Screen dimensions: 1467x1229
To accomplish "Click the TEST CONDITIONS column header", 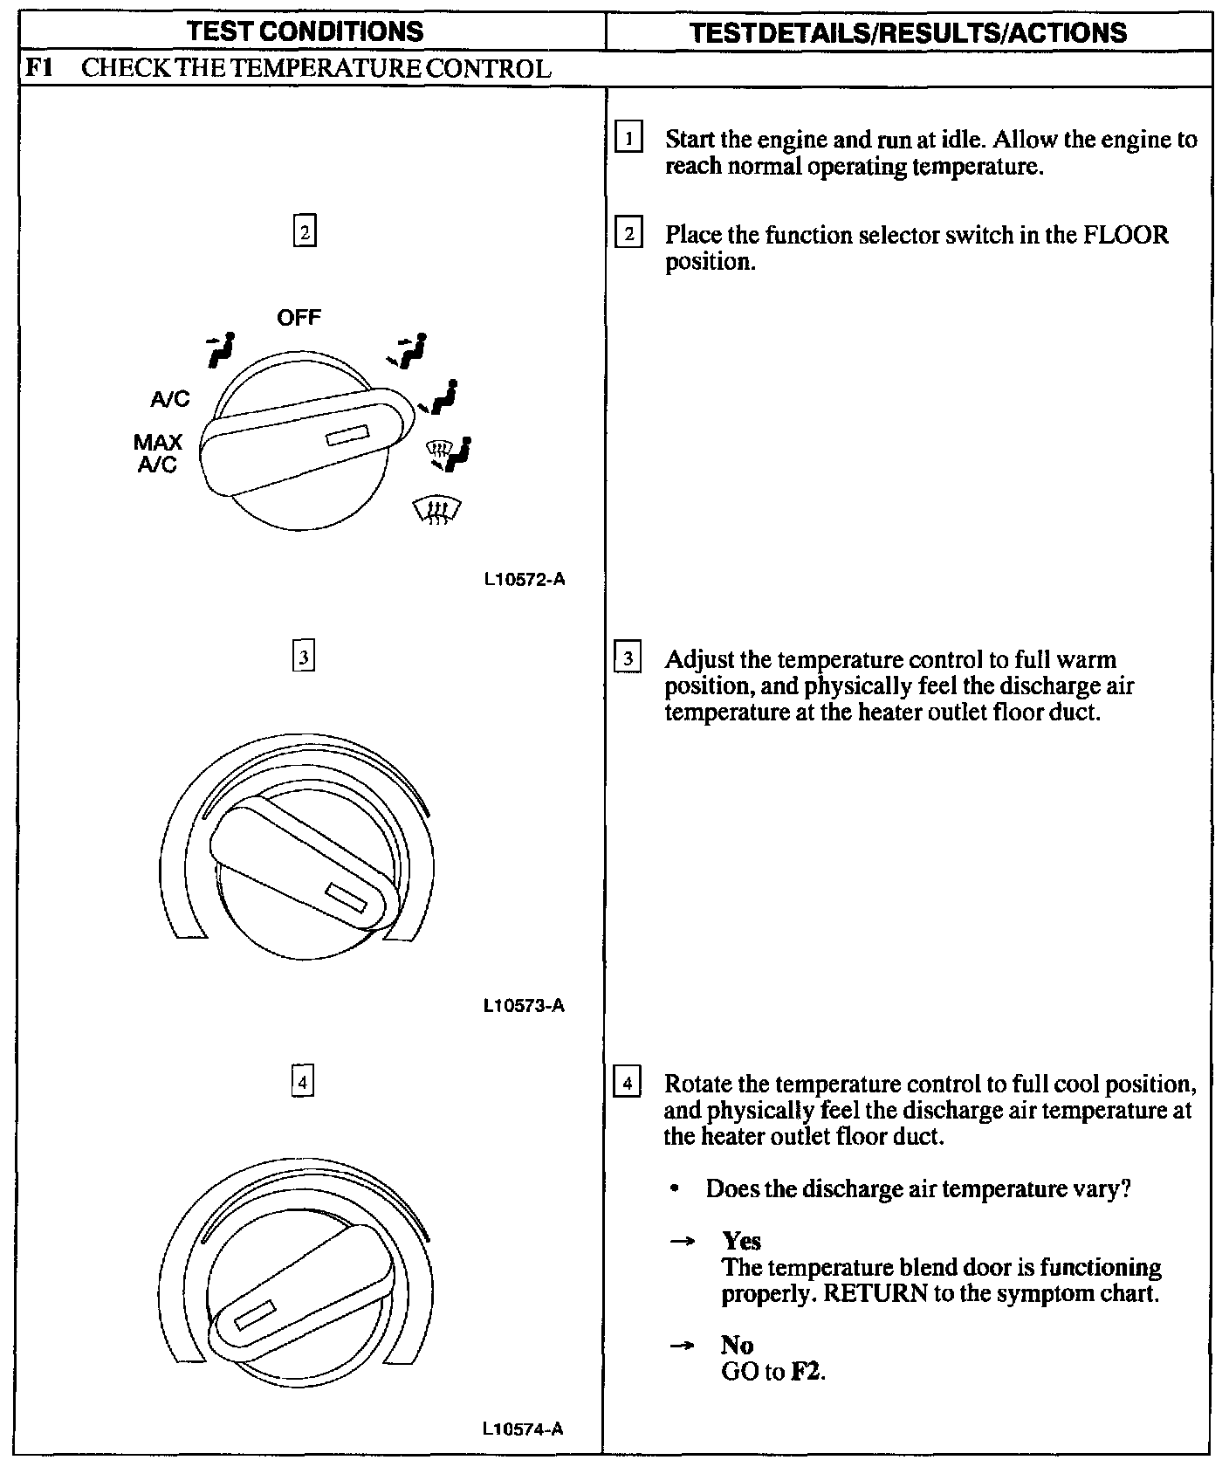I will click(x=306, y=31).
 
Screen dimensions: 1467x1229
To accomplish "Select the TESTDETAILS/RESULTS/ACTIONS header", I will click(x=908, y=32).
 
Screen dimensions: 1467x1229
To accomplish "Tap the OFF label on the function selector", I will click(x=299, y=318).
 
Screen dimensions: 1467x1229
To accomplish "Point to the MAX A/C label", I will click(x=158, y=453).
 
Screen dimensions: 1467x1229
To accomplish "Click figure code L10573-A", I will click(x=524, y=1006).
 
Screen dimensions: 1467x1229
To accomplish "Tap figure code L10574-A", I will click(x=524, y=1429).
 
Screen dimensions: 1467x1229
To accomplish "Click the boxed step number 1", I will click(x=628, y=140).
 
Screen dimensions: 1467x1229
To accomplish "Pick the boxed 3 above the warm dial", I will click(x=302, y=657).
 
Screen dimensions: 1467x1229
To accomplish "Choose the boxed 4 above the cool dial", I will click(x=302, y=1083).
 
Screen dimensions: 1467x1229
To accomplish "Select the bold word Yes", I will click(x=741, y=1241).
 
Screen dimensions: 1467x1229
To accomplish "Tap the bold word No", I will click(x=738, y=1345).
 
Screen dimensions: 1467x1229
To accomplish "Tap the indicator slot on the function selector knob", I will click(x=347, y=436).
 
